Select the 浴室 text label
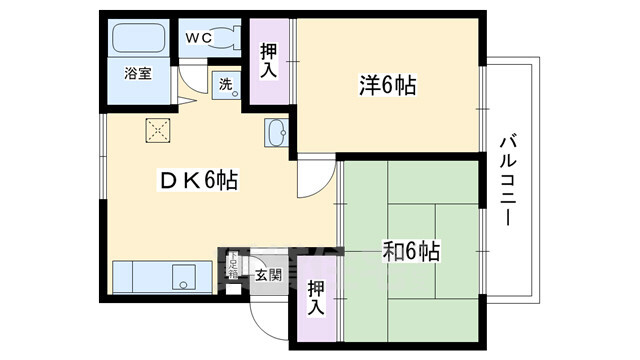(138, 74)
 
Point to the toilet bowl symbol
(224, 39)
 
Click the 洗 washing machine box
(225, 85)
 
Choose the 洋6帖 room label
(386, 86)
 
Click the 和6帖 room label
(411, 250)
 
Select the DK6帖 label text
(199, 181)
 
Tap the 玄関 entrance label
(267, 274)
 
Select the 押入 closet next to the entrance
(315, 296)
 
